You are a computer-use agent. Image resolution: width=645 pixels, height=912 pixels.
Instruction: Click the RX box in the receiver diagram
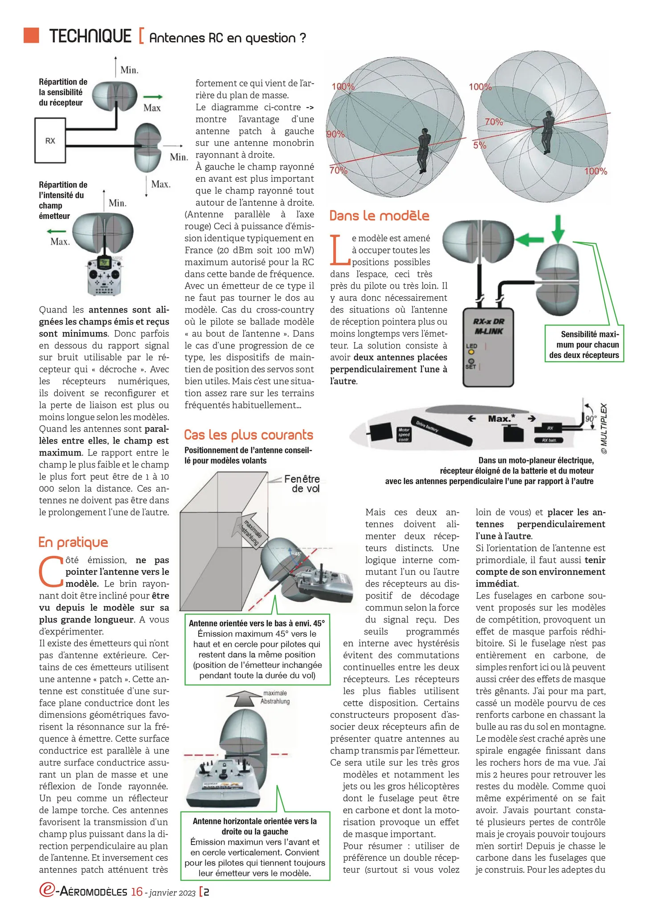point(50,140)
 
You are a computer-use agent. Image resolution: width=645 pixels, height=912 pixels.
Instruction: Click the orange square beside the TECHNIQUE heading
point(32,35)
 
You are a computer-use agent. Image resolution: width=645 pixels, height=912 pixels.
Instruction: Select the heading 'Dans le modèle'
point(379,216)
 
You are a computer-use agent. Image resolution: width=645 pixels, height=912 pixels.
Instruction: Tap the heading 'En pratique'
point(73,542)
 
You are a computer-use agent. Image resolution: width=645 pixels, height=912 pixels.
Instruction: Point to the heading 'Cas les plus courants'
point(249,435)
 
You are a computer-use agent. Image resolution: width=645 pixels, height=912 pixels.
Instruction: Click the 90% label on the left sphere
point(335,134)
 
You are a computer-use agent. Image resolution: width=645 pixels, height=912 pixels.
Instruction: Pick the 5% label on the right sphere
point(479,145)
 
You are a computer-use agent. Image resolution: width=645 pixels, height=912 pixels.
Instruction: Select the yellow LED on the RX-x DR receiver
point(471,353)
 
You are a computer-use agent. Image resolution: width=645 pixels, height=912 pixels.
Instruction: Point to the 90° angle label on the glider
point(590,419)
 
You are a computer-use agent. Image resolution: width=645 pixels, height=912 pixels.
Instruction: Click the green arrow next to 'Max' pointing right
point(153,97)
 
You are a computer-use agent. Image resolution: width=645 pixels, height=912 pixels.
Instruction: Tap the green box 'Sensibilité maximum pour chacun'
point(584,345)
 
